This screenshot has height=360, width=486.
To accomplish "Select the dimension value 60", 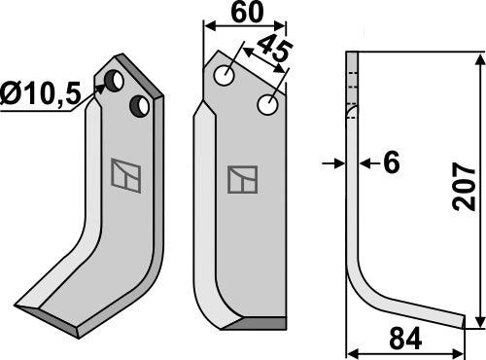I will pos(245,15).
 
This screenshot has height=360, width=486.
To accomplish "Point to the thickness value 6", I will pos(391,162).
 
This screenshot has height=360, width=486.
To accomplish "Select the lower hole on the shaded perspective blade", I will pos(142,104).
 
